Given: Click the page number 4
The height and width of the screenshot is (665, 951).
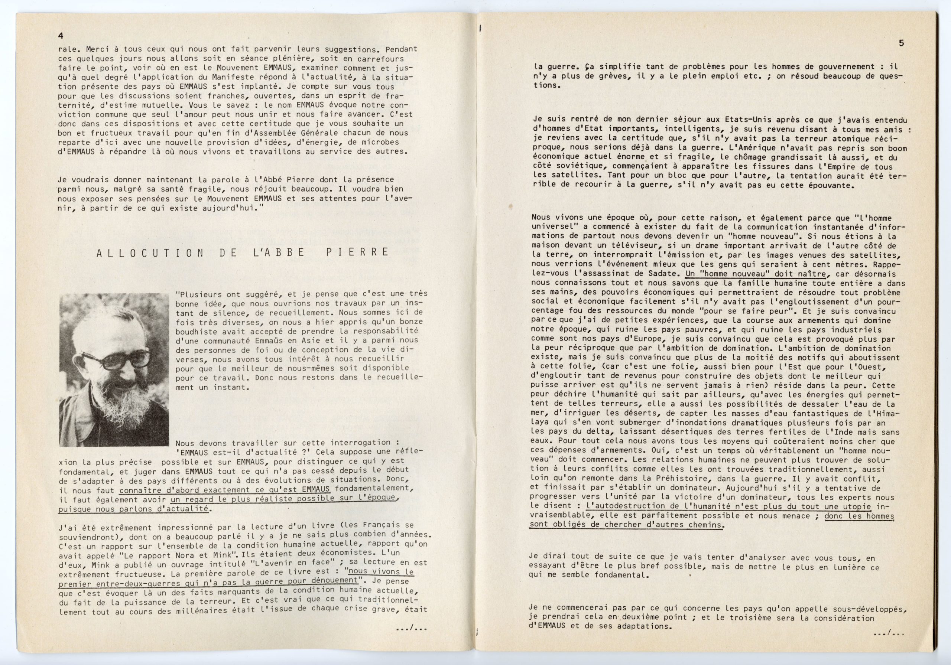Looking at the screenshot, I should coord(61,36).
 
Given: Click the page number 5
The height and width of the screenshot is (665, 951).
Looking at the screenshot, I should coord(902,43).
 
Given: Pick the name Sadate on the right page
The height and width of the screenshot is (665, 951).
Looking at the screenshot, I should coord(664,274).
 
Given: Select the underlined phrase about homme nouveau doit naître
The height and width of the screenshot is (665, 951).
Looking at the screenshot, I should coord(756,274).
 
